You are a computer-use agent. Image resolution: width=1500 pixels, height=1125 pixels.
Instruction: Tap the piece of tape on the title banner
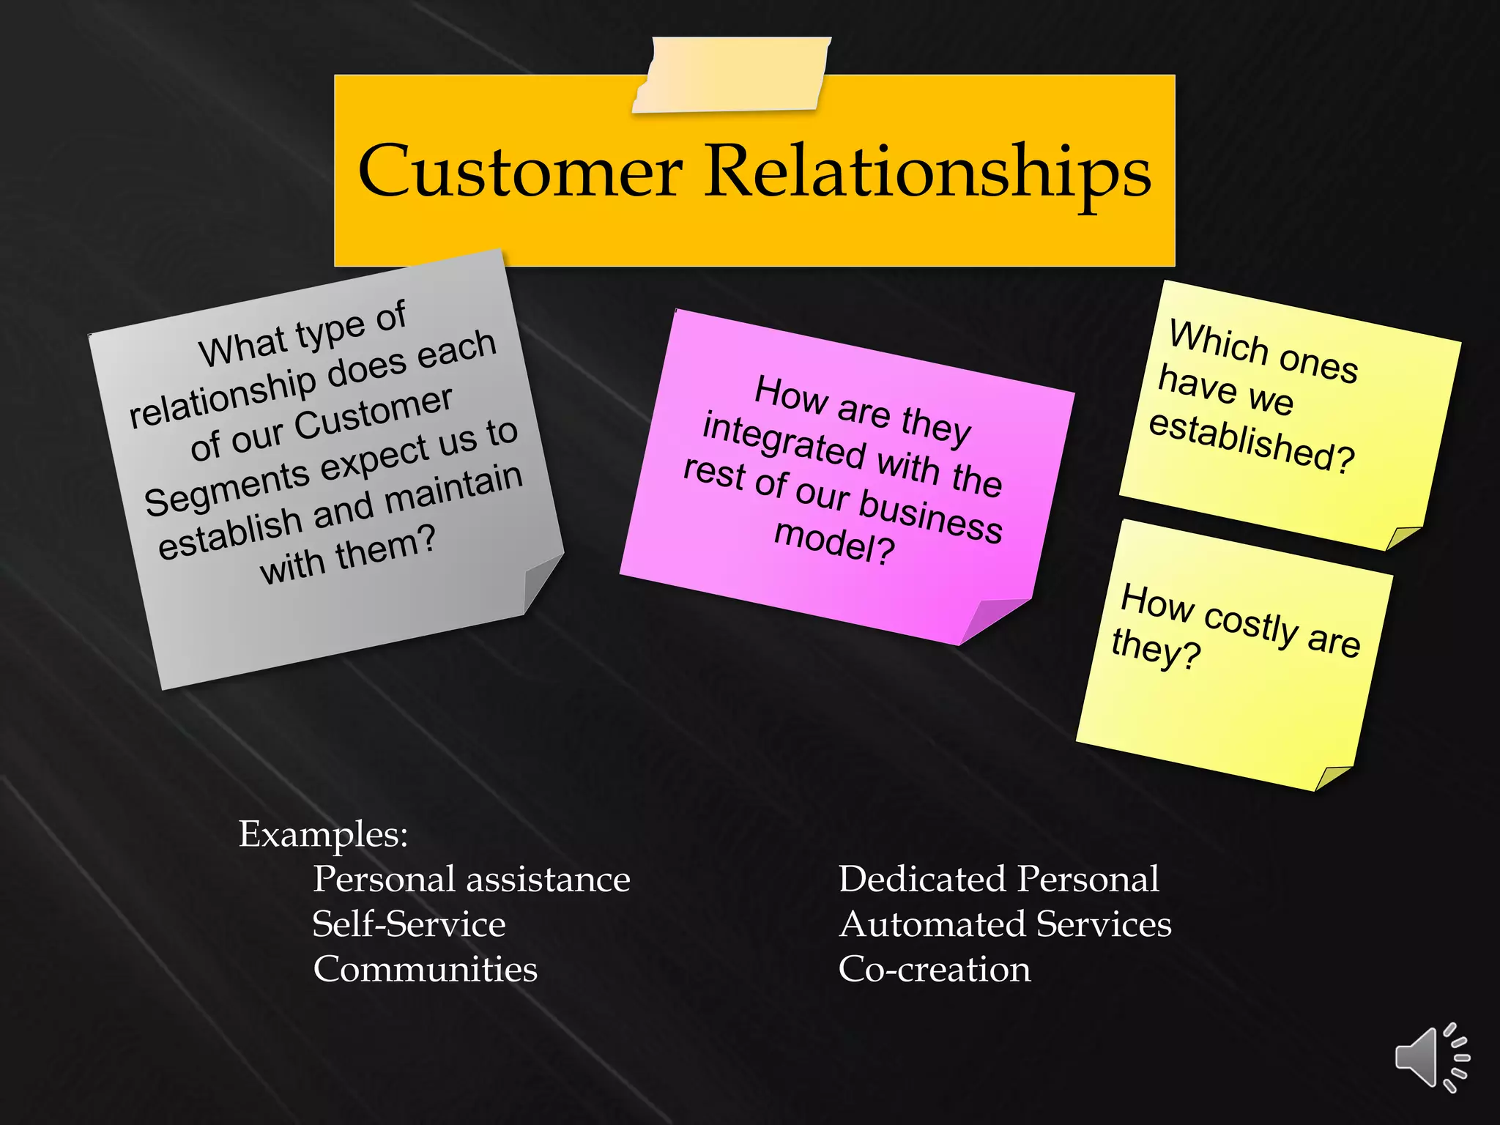(x=731, y=75)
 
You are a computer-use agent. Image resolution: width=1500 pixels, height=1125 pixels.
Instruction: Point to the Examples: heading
(x=323, y=834)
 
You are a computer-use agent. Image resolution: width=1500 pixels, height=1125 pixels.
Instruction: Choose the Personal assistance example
(x=471, y=879)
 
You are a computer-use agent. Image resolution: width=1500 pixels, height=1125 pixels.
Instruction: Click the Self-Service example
(x=409, y=924)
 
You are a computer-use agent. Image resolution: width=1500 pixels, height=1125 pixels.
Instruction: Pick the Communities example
(x=425, y=969)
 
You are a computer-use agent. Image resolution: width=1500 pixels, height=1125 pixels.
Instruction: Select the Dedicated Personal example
(x=998, y=879)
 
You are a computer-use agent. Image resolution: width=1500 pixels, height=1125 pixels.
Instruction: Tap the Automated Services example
(x=1005, y=924)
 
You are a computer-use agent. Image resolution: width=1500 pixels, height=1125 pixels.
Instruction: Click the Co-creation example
(x=934, y=969)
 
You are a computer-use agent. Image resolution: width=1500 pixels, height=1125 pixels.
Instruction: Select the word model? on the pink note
(x=834, y=543)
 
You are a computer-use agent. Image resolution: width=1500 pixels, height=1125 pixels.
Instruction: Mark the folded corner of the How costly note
(x=1334, y=777)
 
